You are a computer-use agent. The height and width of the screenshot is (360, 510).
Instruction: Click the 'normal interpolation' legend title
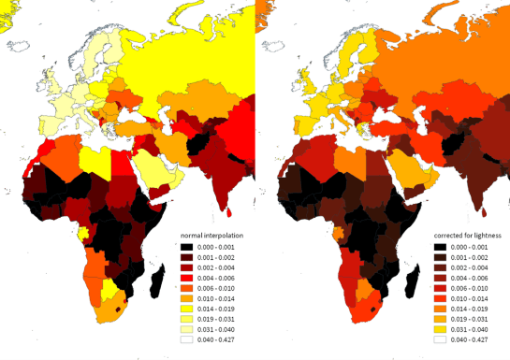click(x=211, y=226)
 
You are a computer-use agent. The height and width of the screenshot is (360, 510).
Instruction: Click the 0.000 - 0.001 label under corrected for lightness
click(x=473, y=243)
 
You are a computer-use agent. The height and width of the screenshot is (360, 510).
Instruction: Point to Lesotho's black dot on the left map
click(x=117, y=308)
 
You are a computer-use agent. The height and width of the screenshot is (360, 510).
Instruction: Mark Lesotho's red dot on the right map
click(x=372, y=308)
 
